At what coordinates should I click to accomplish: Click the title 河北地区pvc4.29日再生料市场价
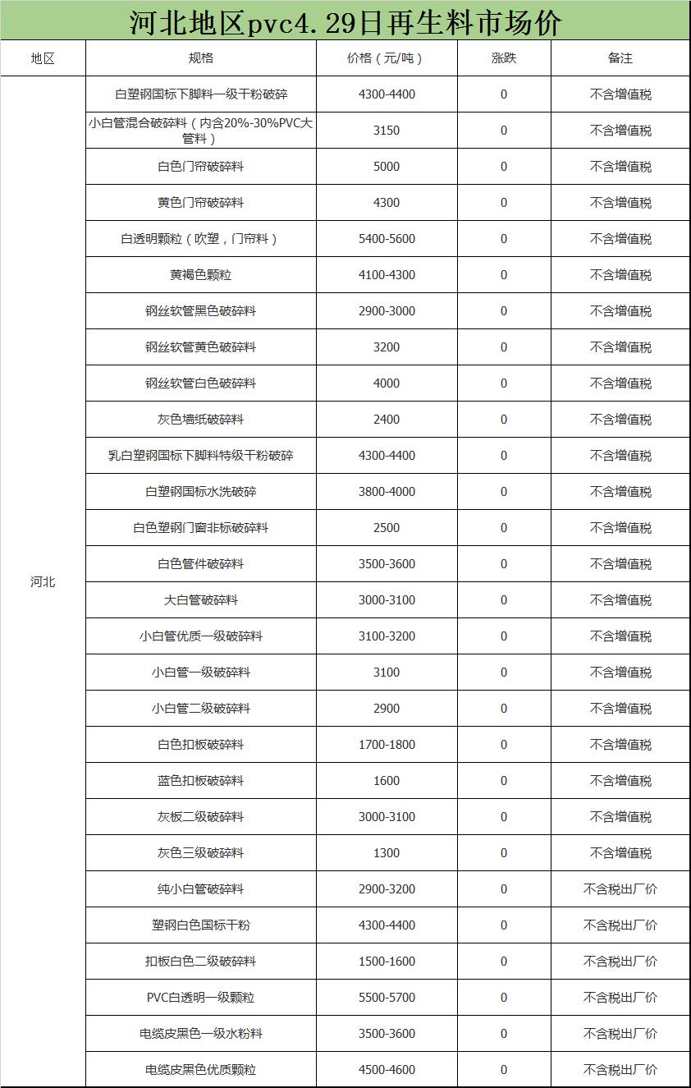(345, 22)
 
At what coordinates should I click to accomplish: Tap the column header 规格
(201, 58)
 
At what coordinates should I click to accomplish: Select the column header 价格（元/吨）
(387, 58)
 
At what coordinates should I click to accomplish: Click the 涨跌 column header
(504, 58)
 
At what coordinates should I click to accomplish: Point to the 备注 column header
(620, 58)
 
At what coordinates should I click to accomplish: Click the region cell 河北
(43, 582)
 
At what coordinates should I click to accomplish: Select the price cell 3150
(387, 131)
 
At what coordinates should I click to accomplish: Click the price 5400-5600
(387, 239)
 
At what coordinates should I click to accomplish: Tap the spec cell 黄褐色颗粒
(201, 275)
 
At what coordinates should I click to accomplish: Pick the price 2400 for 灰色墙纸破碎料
(387, 420)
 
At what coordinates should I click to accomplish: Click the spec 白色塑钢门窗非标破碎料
(201, 528)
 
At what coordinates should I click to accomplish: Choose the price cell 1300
(387, 853)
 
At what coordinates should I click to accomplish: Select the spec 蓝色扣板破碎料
(201, 781)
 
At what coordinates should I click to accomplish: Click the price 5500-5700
(387, 998)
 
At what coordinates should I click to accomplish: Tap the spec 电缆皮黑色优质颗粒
(201, 1070)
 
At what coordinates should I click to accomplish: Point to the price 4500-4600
(387, 1070)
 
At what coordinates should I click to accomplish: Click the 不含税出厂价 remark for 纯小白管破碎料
(620, 889)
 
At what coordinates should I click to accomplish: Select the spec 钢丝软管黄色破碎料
(201, 347)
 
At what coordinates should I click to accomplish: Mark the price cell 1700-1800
(387, 745)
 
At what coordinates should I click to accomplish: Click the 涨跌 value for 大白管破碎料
(504, 600)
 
